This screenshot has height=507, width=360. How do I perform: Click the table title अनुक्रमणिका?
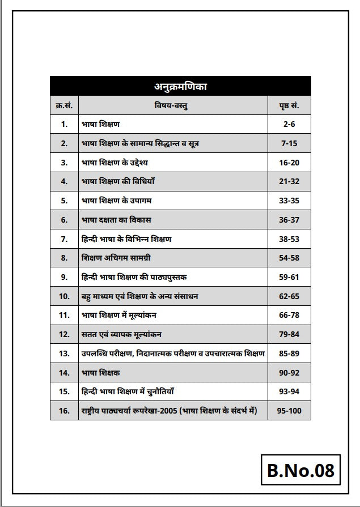point(180,87)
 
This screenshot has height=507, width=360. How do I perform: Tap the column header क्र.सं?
point(64,105)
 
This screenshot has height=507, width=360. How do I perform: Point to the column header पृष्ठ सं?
point(289,105)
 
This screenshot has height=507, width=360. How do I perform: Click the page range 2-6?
point(289,123)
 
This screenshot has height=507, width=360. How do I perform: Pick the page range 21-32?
point(289,181)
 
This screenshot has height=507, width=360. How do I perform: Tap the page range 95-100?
point(289,410)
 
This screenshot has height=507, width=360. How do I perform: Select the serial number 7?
point(64,238)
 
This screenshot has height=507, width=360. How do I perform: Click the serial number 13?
point(64,353)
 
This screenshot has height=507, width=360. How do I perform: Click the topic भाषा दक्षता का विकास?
point(116,219)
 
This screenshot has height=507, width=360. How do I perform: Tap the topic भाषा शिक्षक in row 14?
point(101,373)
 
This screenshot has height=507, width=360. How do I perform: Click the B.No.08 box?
point(300,470)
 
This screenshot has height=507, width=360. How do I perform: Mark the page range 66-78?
point(289,315)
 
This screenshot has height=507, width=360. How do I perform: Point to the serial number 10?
point(64,296)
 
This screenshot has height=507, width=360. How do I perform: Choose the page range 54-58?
point(289,258)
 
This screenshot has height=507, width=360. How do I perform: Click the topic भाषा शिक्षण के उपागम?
point(117,201)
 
